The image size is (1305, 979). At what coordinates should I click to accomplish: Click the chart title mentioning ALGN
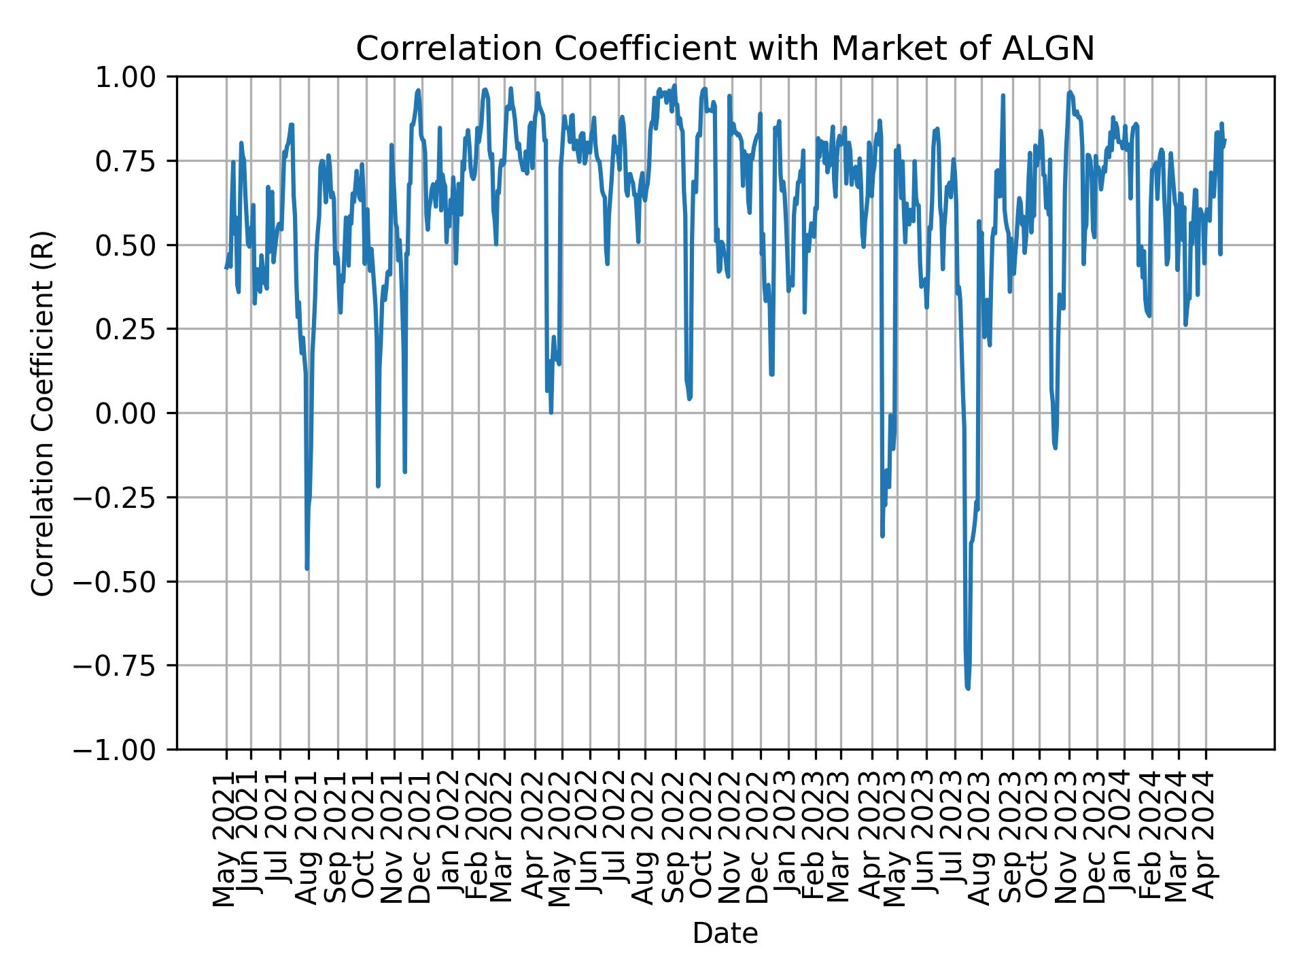pyautogui.click(x=725, y=49)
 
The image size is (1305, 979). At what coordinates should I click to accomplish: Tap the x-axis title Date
pyautogui.click(x=725, y=933)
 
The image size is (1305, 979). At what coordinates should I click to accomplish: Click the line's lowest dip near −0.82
pyautogui.click(x=967, y=688)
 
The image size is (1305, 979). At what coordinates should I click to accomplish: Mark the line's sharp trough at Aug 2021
pyautogui.click(x=307, y=568)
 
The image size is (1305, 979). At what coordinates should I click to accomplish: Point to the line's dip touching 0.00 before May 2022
pyautogui.click(x=551, y=412)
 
